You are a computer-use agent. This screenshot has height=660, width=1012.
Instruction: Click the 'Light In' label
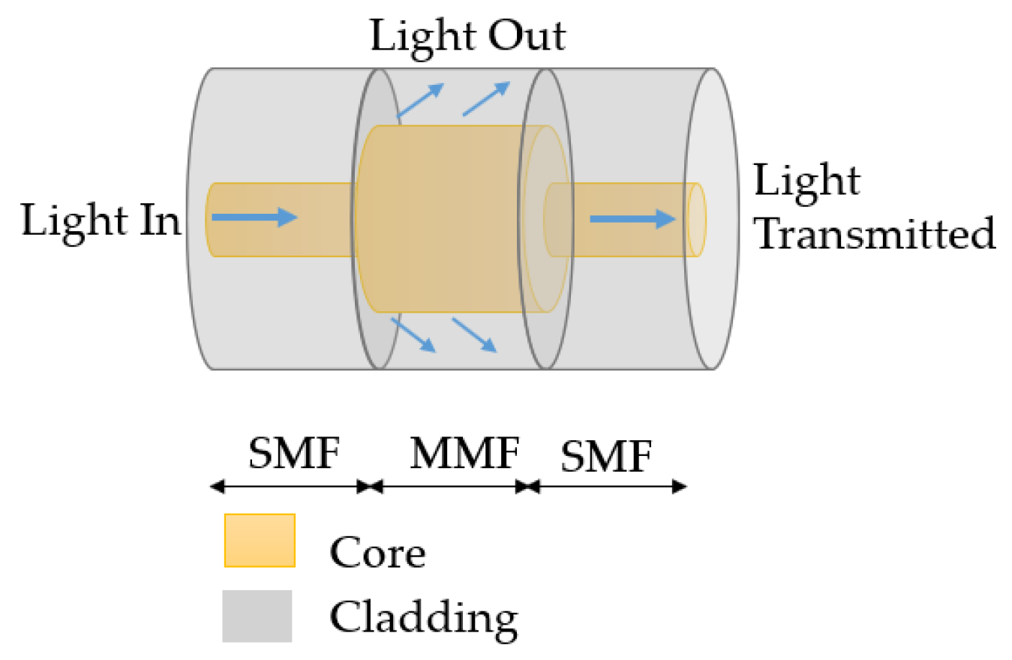[102, 220]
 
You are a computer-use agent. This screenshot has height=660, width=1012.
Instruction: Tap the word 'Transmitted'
[875, 234]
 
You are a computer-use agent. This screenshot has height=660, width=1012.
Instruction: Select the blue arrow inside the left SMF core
[255, 218]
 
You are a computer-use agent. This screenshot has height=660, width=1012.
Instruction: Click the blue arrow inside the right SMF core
[633, 219]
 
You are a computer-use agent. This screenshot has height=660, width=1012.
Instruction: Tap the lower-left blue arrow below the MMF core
[413, 334]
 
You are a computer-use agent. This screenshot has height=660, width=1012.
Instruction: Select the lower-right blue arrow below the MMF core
[474, 334]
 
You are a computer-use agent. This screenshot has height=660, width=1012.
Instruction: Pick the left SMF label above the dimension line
[294, 454]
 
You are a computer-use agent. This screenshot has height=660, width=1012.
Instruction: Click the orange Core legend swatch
[259, 541]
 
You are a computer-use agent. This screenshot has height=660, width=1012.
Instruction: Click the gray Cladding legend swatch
[257, 616]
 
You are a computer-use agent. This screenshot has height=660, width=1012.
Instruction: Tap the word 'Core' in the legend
[377, 553]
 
